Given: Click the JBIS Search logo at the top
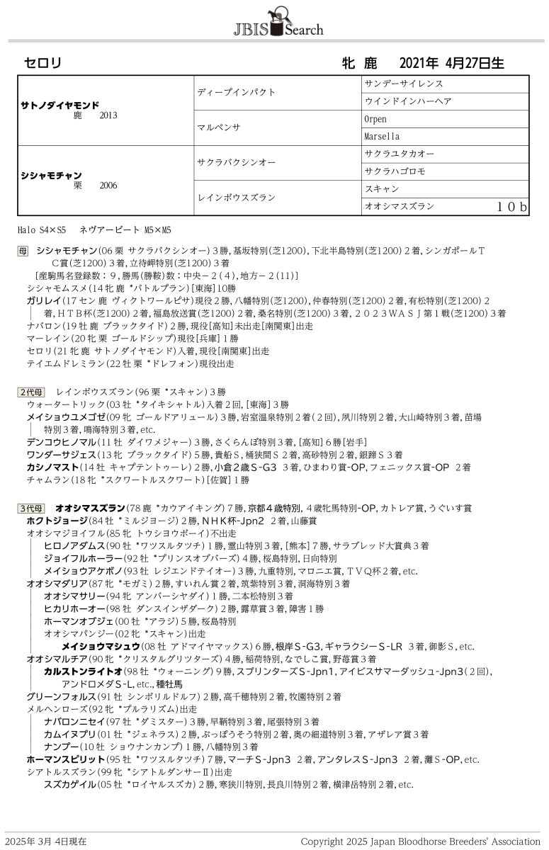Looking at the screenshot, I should (x=278, y=23).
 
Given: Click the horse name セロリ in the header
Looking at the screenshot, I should (x=43, y=63).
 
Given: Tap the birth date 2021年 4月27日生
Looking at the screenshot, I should (x=451, y=63).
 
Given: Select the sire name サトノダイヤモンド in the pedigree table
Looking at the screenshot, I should (x=60, y=105).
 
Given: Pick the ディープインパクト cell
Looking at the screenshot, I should (x=236, y=92).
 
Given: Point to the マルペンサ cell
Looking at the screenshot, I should (x=219, y=127).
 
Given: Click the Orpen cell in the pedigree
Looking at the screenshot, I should (x=375, y=118).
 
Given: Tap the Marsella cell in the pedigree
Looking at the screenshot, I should (x=382, y=136).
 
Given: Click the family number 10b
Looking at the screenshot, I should (x=511, y=207).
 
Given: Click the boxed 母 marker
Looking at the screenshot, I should (x=23, y=251).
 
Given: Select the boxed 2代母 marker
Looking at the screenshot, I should (x=31, y=391).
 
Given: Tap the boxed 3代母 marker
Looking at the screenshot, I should (x=31, y=508).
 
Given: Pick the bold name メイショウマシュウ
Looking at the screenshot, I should (x=100, y=646).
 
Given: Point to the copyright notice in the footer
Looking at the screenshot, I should (x=420, y=841).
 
